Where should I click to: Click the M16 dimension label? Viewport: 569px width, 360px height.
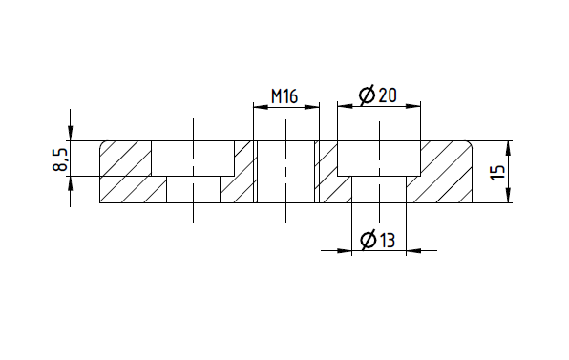pyautogui.click(x=284, y=96)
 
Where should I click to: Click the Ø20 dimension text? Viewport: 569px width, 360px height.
pyautogui.click(x=378, y=95)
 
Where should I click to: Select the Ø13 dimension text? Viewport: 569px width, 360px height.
pyautogui.click(x=378, y=240)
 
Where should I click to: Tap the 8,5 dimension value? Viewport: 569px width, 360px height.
pyautogui.click(x=60, y=159)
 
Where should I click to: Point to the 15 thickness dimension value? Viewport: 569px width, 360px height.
pyautogui.click(x=497, y=172)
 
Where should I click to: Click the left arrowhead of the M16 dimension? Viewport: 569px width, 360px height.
pyautogui.click(x=261, y=107)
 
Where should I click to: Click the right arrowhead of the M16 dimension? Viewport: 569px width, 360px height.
pyautogui.click(x=312, y=107)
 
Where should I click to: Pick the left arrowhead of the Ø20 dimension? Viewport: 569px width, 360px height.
pyautogui.click(x=345, y=106)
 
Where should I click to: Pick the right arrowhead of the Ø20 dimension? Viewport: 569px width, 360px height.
pyautogui.click(x=413, y=106)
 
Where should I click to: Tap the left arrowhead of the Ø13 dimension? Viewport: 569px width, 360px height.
pyautogui.click(x=345, y=250)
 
